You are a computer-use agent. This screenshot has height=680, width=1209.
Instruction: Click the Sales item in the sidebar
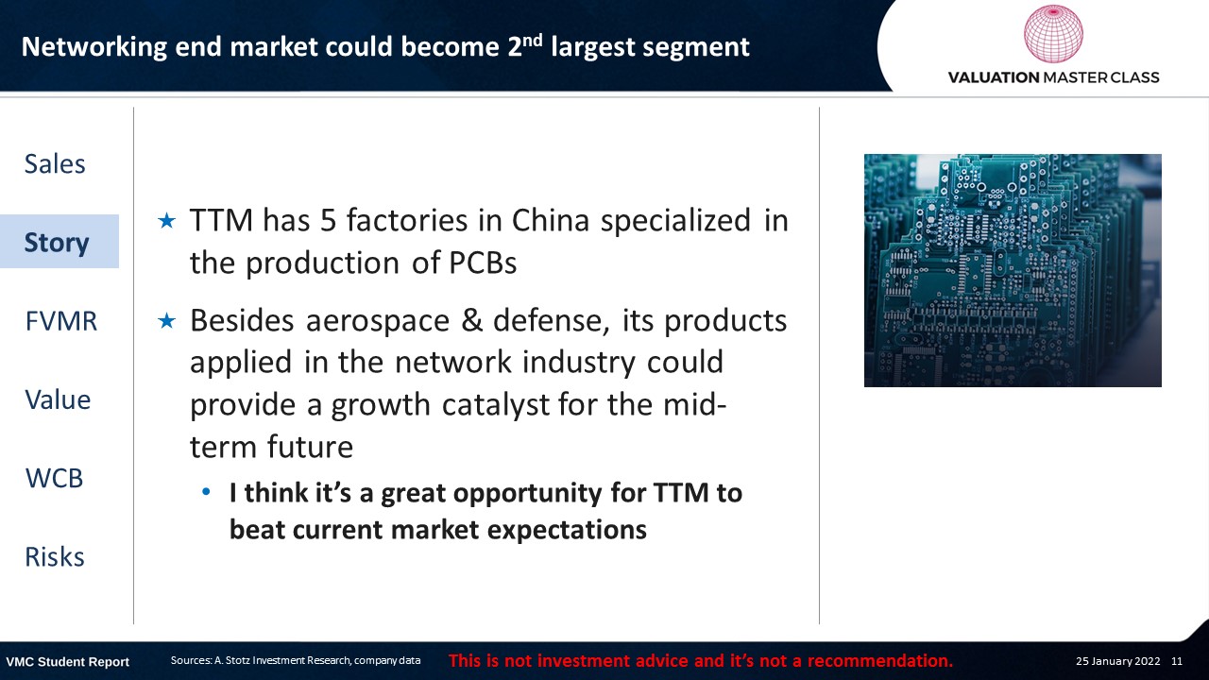click(x=55, y=164)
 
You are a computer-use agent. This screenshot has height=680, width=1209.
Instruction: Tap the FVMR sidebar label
click(x=61, y=321)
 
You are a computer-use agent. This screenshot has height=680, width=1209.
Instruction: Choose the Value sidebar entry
click(x=58, y=399)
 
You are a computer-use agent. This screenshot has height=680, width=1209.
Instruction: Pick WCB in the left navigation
click(x=54, y=478)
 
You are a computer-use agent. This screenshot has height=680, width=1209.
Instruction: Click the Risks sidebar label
click(x=55, y=557)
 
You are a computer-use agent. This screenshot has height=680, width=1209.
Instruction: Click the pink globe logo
click(x=1053, y=33)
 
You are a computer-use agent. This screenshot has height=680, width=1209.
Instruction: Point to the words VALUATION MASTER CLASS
click(x=1053, y=77)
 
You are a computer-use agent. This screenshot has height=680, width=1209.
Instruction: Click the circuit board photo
click(x=1013, y=270)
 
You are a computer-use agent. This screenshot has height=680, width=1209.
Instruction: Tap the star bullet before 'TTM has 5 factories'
click(x=167, y=221)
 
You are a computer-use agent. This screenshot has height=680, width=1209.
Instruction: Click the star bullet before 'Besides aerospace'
click(x=167, y=321)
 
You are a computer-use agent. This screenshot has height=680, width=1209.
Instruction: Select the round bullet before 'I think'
click(x=206, y=492)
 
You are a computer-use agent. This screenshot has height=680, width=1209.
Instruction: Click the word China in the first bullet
click(x=550, y=220)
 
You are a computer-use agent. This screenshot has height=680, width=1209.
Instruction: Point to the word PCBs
click(x=483, y=263)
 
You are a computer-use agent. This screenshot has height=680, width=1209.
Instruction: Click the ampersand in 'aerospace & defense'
click(x=471, y=320)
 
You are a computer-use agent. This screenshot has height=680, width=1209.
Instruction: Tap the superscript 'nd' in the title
click(x=532, y=40)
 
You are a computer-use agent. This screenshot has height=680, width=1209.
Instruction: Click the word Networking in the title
click(x=94, y=47)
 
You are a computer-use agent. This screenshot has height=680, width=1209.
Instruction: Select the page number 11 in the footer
click(x=1177, y=661)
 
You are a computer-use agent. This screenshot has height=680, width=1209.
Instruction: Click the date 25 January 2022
click(x=1117, y=661)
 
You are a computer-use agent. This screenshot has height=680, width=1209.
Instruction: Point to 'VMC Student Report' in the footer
click(x=67, y=662)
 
